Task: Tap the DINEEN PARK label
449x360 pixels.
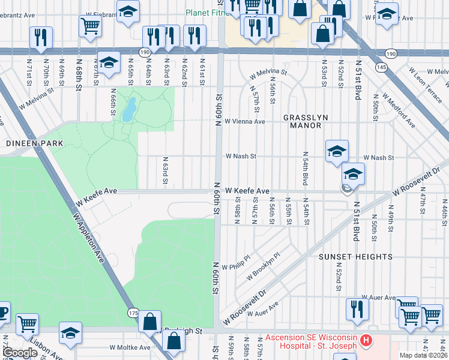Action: [x=26, y=144]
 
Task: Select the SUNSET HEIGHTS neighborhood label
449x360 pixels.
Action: [x=355, y=257]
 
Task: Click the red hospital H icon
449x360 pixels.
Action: [x=366, y=341]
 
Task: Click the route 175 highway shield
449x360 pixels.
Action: [x=133, y=313]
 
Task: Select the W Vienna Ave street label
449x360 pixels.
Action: [x=244, y=121]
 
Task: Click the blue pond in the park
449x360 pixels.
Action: [x=128, y=109]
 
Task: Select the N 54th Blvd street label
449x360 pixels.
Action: [x=305, y=168]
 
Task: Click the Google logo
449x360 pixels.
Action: [x=20, y=353]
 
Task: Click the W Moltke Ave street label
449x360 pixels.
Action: [x=130, y=347]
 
